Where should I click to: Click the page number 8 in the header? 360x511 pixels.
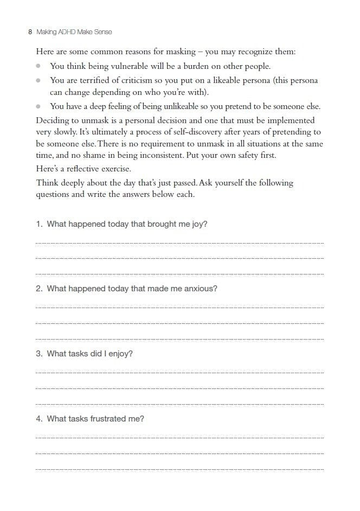(30, 33)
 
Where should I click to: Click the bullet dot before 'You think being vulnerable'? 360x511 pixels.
(38, 66)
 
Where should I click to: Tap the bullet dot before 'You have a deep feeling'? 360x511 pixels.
(38, 106)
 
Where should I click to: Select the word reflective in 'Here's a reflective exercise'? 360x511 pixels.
(87, 169)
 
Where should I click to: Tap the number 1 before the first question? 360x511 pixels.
(38, 224)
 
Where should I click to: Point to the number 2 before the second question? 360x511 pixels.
(38, 289)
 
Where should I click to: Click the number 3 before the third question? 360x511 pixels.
(38, 354)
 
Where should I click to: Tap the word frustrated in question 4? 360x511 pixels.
(108, 419)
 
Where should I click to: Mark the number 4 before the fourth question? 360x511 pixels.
(38, 419)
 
